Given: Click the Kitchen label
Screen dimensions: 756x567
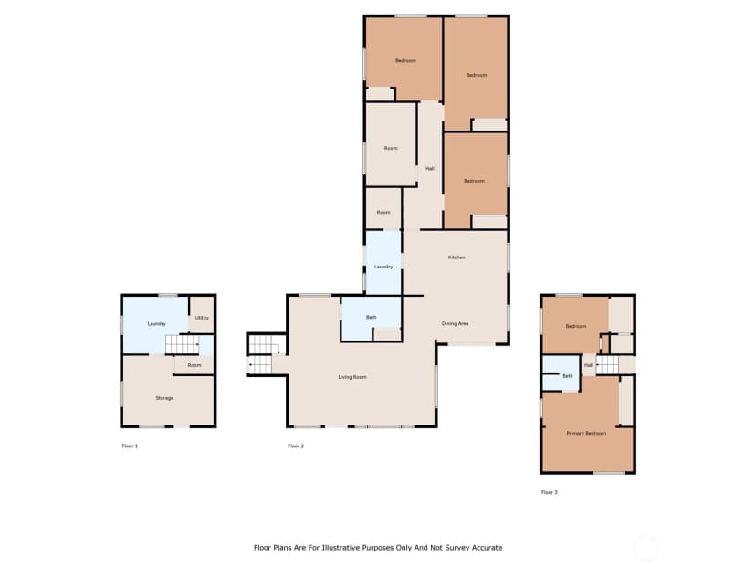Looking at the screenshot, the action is click(x=457, y=257).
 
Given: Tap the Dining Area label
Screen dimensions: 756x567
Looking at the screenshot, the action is click(x=455, y=323).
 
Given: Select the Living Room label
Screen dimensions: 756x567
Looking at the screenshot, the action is click(x=352, y=377).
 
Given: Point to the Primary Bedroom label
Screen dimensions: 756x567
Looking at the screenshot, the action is click(x=586, y=434).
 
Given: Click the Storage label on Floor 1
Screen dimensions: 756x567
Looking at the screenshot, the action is click(x=164, y=398).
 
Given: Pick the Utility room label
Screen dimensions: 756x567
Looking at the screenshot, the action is click(x=202, y=318).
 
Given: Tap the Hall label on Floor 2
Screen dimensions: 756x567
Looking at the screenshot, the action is click(x=430, y=169).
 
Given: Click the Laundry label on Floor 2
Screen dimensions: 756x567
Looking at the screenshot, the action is click(x=383, y=267).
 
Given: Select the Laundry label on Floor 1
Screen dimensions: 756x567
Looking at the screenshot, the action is click(x=157, y=324).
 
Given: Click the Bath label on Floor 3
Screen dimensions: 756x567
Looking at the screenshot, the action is click(x=568, y=376).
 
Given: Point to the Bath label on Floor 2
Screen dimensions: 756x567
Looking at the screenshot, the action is click(x=372, y=317).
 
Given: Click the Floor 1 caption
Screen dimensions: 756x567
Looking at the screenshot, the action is click(x=131, y=446).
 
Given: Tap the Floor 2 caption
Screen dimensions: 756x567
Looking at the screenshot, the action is click(x=296, y=446).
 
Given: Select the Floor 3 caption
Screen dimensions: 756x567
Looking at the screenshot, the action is click(x=550, y=493).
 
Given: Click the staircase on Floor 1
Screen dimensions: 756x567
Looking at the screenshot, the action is click(x=183, y=345).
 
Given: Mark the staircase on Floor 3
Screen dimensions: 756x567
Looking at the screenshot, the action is click(x=607, y=365).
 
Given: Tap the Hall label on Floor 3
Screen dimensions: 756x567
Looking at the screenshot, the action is click(x=589, y=366).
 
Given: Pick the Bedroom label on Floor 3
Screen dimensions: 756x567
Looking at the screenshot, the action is click(x=576, y=326).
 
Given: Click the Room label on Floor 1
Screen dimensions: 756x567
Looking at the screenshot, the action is click(x=194, y=365).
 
